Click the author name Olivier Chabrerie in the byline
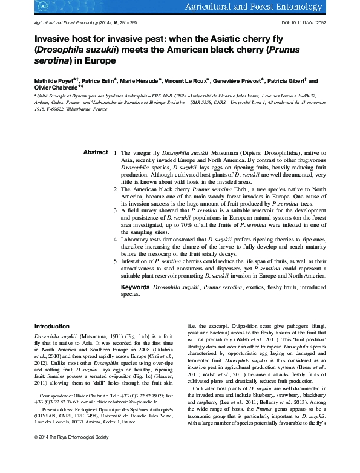54,88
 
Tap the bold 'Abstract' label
96,152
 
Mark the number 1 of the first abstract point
116,153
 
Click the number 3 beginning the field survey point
116,210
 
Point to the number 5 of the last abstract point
116,260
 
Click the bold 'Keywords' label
136,287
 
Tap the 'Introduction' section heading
51,327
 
